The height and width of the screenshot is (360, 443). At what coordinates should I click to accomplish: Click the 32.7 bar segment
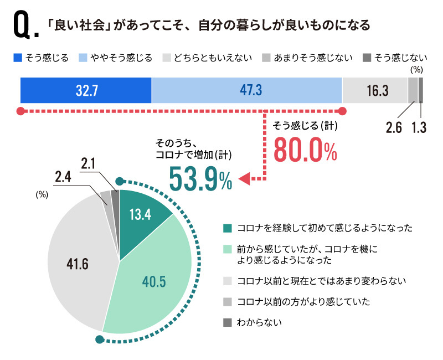point(86,90)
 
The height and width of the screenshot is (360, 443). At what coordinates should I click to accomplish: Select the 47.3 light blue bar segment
point(246,90)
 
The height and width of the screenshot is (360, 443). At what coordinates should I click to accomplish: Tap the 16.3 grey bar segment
point(375,90)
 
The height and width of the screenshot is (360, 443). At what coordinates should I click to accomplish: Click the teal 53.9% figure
point(200,178)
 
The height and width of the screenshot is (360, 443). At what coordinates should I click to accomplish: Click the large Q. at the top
point(24,27)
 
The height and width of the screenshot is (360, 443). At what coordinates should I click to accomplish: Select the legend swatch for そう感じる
point(17,58)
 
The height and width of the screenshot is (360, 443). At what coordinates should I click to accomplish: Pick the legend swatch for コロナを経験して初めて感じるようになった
point(227,228)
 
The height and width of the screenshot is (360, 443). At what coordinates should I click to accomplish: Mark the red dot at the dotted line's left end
point(20,111)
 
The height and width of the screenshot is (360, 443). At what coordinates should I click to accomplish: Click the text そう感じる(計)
point(306,126)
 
